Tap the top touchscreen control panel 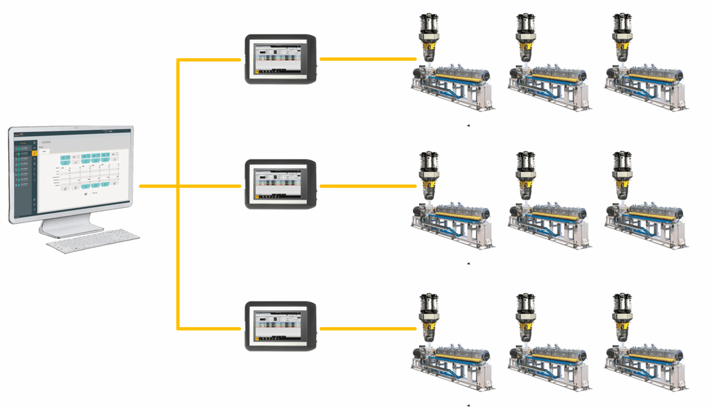280,59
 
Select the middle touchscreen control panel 280,184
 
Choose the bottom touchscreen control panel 280,326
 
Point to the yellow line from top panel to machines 368,59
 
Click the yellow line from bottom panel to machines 368,328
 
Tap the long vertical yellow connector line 178,253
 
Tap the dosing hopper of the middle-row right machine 622,176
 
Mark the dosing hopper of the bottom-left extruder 429,318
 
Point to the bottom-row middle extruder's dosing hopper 526,318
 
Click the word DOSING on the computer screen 46,142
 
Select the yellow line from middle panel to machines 368,186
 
